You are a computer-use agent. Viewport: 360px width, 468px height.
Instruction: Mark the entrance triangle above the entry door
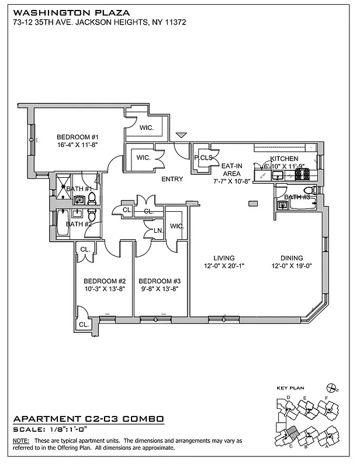tap(182, 135)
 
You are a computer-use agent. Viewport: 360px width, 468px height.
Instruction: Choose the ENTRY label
tap(173, 180)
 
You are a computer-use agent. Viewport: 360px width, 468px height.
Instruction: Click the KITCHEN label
tap(285, 159)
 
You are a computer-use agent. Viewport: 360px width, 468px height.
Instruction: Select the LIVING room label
tap(224, 258)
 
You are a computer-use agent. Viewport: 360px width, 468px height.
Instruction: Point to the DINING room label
tap(291, 258)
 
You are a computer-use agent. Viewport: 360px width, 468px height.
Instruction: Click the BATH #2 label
tap(78, 224)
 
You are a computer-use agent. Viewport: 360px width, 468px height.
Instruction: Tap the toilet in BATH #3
tap(315, 190)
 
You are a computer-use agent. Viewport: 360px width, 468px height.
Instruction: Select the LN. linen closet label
tap(158, 230)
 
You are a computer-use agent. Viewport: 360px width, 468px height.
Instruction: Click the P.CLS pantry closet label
tap(203, 158)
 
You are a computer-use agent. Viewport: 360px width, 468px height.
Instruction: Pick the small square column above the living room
tap(252, 204)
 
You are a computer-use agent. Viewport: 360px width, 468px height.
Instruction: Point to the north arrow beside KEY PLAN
tap(334, 388)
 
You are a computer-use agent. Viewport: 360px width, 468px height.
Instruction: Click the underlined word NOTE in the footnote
tap(20, 440)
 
